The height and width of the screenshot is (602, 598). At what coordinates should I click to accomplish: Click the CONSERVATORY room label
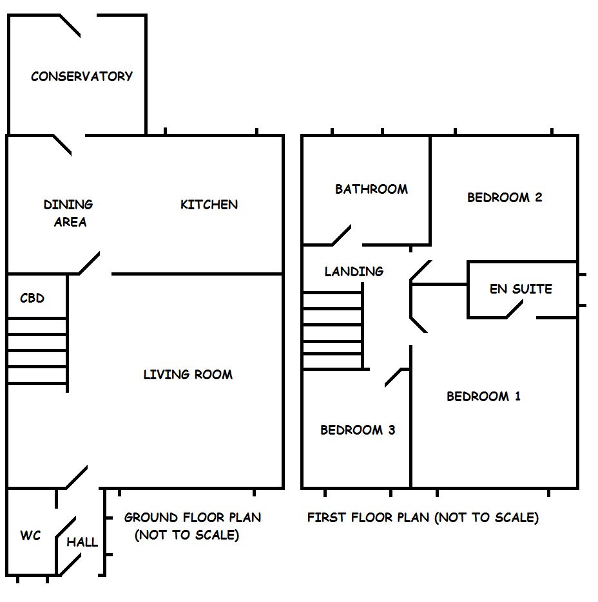[82, 77]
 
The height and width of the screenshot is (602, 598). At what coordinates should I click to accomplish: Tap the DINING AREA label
[68, 213]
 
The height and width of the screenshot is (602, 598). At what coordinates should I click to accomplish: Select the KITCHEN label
[209, 205]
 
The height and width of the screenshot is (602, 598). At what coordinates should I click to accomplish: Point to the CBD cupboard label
[32, 298]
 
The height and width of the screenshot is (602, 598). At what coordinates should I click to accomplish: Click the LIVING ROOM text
[188, 374]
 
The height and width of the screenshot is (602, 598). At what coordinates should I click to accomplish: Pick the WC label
[30, 536]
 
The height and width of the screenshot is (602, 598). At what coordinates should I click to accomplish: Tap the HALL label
[82, 541]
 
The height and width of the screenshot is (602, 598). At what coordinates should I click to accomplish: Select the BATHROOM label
[371, 189]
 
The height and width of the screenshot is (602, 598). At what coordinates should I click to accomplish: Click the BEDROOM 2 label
[505, 198]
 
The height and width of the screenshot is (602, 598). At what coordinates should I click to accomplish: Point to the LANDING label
[354, 272]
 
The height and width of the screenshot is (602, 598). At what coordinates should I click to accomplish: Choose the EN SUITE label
[521, 288]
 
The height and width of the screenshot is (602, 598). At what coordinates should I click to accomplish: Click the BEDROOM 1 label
[483, 397]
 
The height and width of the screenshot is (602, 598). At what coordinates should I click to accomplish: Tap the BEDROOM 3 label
[358, 430]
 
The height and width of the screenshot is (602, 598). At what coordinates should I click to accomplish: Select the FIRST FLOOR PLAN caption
[423, 517]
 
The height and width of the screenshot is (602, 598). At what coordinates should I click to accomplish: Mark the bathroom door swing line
[342, 235]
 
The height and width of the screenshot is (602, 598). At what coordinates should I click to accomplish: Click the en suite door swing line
[514, 310]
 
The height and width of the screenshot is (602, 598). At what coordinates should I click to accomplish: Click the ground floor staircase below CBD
[37, 351]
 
